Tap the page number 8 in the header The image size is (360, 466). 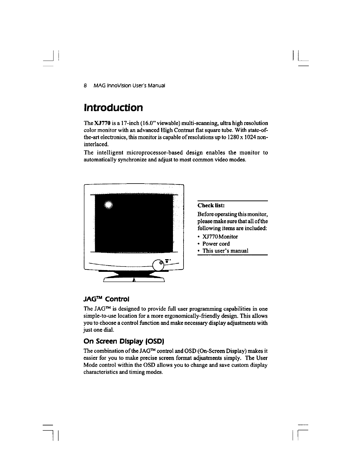[85, 86]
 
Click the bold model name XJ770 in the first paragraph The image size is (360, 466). [101, 122]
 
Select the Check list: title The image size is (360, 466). [211, 205]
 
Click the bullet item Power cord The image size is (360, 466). [216, 244]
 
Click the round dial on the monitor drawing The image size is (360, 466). [159, 265]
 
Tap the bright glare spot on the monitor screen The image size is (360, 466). [108, 205]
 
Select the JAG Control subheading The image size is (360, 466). [106, 299]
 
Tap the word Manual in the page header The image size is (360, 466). [157, 86]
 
